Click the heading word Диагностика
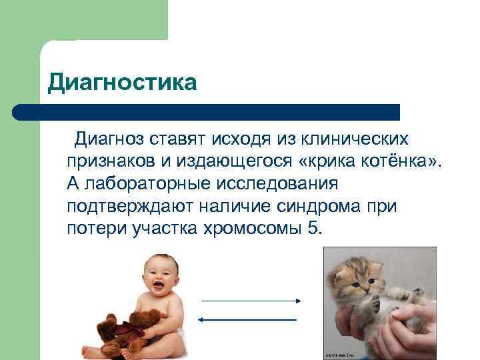[x=122, y=83]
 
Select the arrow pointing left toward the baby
[x=247, y=320]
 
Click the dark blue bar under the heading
[x=207, y=112]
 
